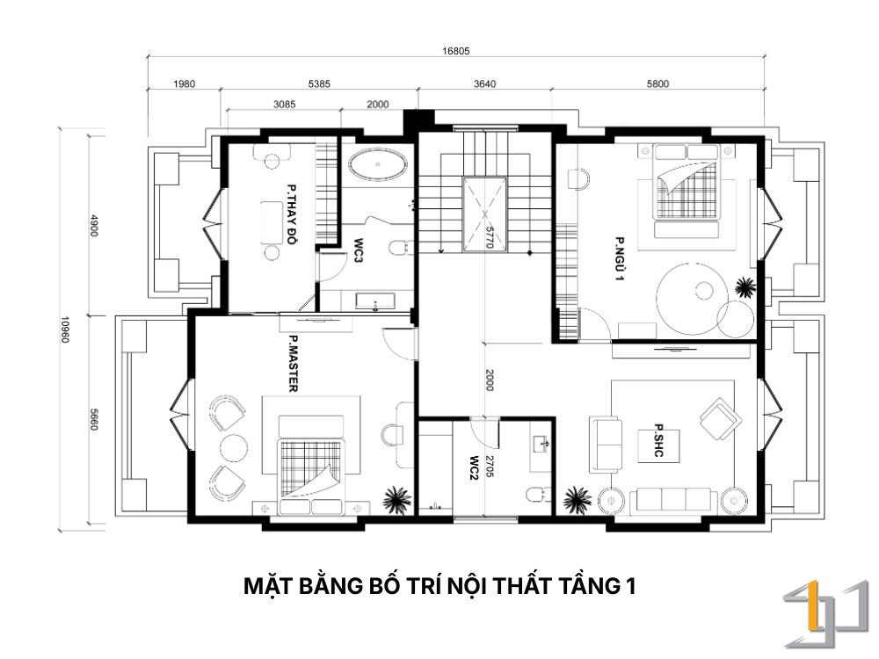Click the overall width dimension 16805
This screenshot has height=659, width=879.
point(455,51)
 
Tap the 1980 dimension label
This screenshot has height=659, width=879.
point(184,84)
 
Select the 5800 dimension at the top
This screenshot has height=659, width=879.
point(657,84)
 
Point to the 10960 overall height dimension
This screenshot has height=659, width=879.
point(65,330)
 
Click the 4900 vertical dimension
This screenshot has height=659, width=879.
point(94,225)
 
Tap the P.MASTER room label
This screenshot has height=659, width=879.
point(293,364)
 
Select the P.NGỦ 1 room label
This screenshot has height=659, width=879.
point(620,259)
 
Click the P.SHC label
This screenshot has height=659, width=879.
point(658,440)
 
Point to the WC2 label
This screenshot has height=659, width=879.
point(475,469)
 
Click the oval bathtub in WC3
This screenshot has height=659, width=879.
point(378,165)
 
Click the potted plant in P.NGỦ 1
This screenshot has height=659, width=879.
point(745,287)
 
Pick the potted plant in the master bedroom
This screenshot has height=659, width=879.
point(397,499)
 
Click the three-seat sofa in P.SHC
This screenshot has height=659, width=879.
point(673,501)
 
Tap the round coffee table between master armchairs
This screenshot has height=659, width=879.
point(234,447)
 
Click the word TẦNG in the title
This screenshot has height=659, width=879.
point(588,585)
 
